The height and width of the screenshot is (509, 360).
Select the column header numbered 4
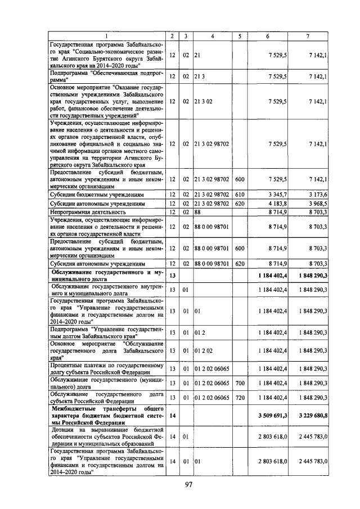click(213, 35)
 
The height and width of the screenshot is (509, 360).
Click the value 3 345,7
click(279, 194)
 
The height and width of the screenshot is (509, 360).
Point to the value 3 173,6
click(317, 194)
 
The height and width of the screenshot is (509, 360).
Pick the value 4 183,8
click(279, 203)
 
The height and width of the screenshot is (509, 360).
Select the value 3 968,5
click(317, 203)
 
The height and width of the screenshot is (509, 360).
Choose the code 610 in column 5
click(240, 194)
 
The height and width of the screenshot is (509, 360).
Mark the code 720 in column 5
click(240, 398)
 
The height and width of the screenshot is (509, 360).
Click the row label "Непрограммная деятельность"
click(87, 212)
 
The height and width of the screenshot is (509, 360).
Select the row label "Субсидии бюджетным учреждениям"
click(92, 194)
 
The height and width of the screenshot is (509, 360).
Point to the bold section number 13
click(172, 276)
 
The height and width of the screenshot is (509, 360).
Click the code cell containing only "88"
click(197, 212)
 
